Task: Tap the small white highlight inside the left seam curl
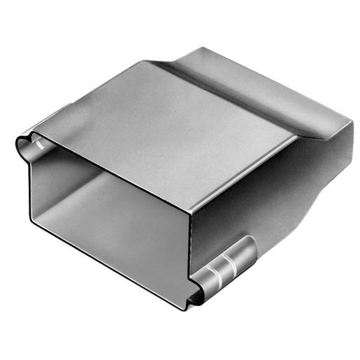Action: point(40,144)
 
